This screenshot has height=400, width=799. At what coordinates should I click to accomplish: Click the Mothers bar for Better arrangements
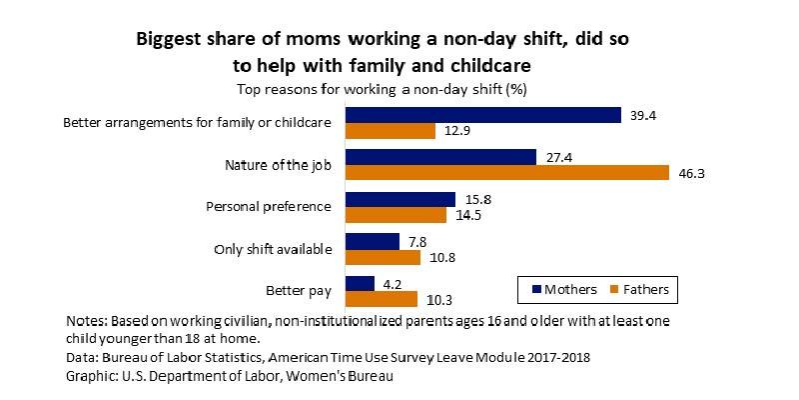(482, 115)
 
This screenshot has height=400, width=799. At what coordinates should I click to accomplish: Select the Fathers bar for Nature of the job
(506, 173)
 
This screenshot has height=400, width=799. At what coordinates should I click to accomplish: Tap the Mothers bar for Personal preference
(399, 200)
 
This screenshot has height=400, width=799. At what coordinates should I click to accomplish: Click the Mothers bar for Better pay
(360, 284)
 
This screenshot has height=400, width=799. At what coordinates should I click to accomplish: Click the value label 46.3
(691, 173)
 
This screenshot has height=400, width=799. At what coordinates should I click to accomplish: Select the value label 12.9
(457, 131)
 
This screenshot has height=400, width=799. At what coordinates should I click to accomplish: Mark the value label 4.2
(392, 284)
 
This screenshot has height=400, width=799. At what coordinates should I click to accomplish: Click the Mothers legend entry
(563, 290)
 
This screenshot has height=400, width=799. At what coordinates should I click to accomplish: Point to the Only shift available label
(273, 249)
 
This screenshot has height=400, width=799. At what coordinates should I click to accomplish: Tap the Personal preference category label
(268, 207)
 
